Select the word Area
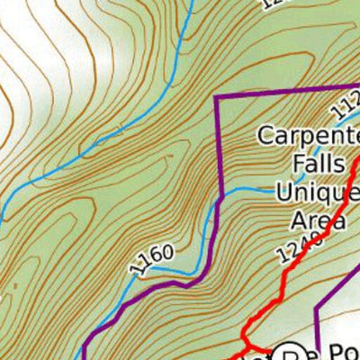[319, 220]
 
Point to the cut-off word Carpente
[309, 137]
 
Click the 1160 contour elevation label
[151, 259]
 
